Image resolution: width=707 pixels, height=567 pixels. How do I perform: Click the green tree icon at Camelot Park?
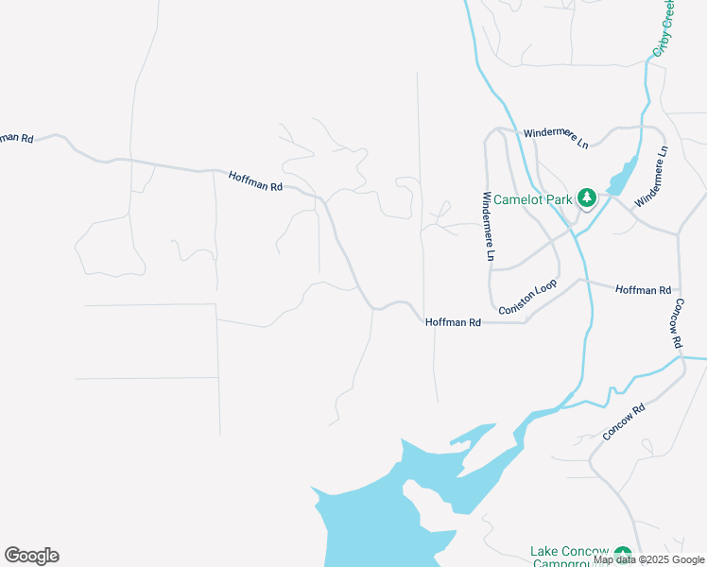[x=586, y=198]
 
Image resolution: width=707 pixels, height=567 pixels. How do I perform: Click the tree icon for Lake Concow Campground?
[x=622, y=555]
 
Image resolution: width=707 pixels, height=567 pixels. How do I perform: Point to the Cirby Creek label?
[x=664, y=28]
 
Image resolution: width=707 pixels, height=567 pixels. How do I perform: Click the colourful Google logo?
[x=31, y=556]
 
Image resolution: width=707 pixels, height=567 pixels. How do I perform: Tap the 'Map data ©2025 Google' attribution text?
[x=649, y=559]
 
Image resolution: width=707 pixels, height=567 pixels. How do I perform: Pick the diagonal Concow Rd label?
[x=624, y=422]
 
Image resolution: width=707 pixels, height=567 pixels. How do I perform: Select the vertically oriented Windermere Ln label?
[x=488, y=227]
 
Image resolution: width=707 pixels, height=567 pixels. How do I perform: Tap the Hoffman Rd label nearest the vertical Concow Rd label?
[x=643, y=289]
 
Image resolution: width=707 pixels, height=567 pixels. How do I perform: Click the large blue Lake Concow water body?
[x=378, y=529]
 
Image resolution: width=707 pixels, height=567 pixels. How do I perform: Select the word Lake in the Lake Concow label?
[x=545, y=552]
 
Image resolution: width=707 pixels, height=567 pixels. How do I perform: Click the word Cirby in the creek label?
[x=662, y=38]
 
